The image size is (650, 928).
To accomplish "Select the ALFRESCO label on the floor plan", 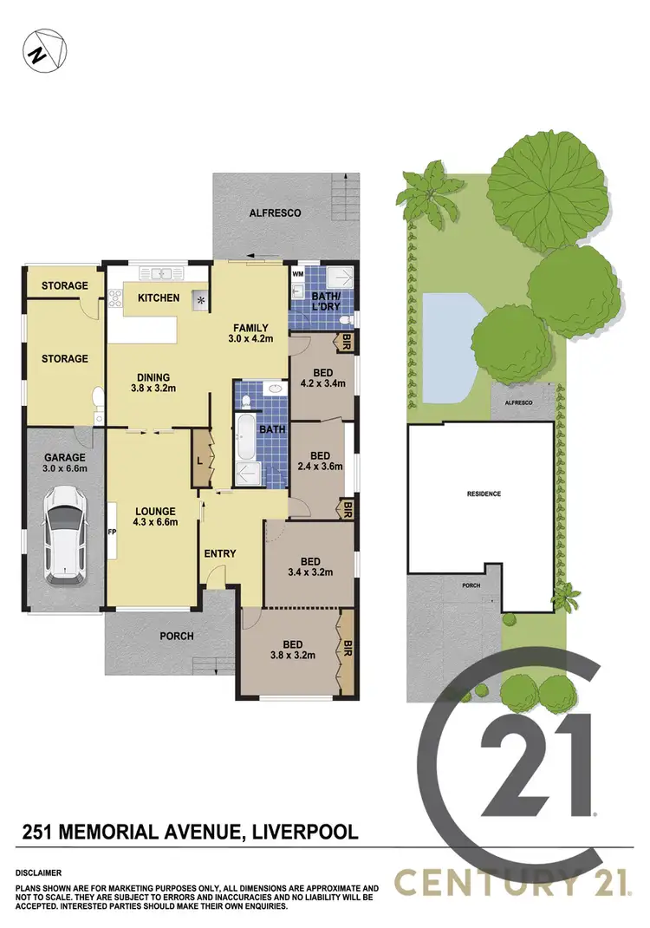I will click(275, 212).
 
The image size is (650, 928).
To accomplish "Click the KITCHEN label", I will click(158, 298).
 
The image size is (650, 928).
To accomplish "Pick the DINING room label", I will click(152, 382).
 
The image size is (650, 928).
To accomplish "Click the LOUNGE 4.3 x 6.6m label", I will click(155, 517).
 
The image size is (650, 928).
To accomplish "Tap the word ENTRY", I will click(220, 553).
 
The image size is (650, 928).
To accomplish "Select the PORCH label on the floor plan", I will click(176, 636).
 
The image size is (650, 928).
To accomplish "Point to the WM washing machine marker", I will click(298, 274).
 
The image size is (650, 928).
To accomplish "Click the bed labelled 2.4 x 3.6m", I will click(320, 461).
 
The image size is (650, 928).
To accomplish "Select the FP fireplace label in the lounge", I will click(113, 532).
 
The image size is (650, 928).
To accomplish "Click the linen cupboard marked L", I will click(200, 460).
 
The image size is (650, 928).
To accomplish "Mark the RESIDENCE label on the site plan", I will click(484, 493).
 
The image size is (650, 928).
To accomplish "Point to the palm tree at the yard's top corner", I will click(431, 195).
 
